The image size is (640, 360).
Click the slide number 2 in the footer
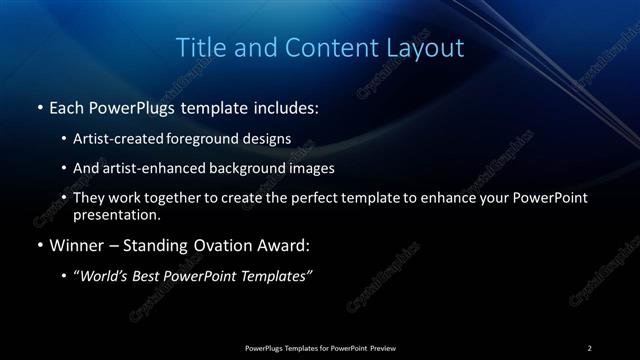pyautogui.click(x=590, y=347)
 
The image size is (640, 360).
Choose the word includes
pyautogui.click(x=286, y=105)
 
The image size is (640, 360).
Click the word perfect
pyautogui.click(x=317, y=198)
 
